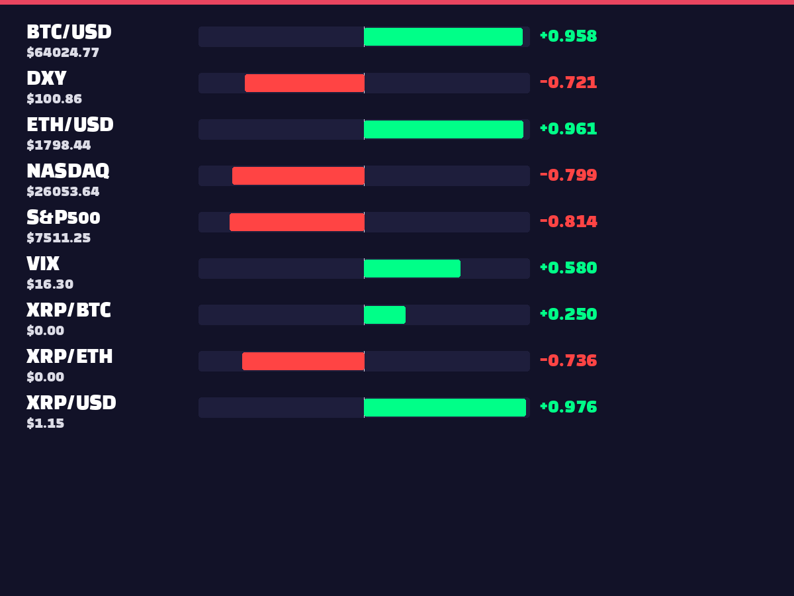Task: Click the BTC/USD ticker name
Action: pos(69,32)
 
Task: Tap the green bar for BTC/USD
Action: pos(443,36)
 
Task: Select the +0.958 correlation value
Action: pos(568,36)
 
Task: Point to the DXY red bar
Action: pos(304,83)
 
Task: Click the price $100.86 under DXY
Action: pos(54,99)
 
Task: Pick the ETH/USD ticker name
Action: pos(70,124)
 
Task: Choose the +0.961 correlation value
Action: pos(568,129)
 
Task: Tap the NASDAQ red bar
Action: pos(298,175)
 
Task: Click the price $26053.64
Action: pos(63,191)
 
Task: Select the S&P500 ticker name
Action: pos(64,217)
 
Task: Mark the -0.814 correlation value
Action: pos(568,221)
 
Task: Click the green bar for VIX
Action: pos(412,268)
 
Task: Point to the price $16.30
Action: pos(50,284)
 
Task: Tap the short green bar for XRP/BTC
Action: pos(385,315)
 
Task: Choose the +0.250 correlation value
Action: pos(568,314)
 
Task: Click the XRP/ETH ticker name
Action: pos(69,356)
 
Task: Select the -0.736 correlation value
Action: pos(568,360)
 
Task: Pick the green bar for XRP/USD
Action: pos(445,407)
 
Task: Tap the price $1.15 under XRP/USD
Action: pos(45,423)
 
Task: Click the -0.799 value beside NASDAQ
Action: pos(568,175)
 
